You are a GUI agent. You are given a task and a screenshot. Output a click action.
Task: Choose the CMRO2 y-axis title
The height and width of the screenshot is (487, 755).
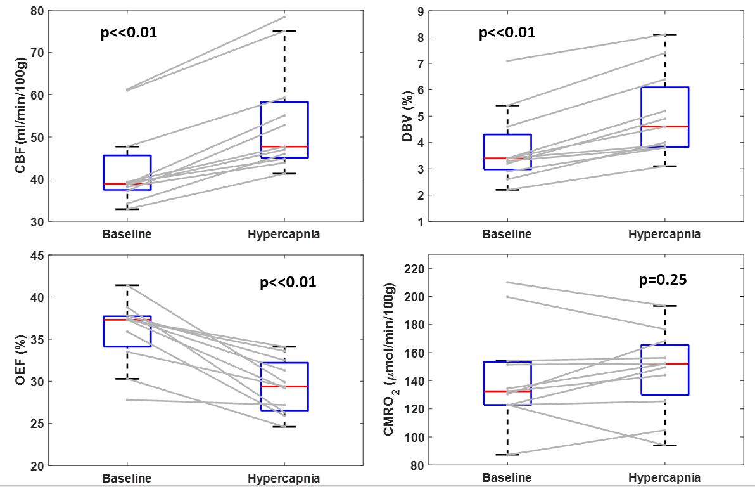click(x=389, y=360)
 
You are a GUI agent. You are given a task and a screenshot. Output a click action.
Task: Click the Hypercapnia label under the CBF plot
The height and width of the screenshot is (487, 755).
click(x=284, y=234)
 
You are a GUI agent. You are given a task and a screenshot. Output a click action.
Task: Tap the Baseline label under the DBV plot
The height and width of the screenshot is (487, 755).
click(x=507, y=234)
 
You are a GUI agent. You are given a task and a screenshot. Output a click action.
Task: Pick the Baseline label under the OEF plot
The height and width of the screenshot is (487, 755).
click(x=127, y=478)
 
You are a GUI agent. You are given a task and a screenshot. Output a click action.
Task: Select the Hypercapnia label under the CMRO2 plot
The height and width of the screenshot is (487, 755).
click(x=664, y=478)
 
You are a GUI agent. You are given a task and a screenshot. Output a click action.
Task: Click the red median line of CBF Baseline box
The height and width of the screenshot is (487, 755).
click(x=127, y=184)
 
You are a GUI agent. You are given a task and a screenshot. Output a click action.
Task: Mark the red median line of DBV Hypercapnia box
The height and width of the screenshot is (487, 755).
click(x=664, y=127)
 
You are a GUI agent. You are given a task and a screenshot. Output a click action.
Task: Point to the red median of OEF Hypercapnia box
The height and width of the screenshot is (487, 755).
click(x=284, y=386)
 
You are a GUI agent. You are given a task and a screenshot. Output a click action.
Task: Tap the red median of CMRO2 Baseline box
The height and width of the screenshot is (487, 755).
click(x=507, y=391)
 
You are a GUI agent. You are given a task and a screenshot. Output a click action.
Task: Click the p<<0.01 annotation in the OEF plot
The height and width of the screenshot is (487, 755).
click(x=288, y=283)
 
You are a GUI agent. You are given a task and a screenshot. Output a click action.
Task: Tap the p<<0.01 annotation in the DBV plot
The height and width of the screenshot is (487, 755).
click(x=507, y=32)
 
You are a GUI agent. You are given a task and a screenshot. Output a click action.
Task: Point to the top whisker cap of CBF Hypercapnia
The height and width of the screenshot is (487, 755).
click(x=284, y=30)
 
